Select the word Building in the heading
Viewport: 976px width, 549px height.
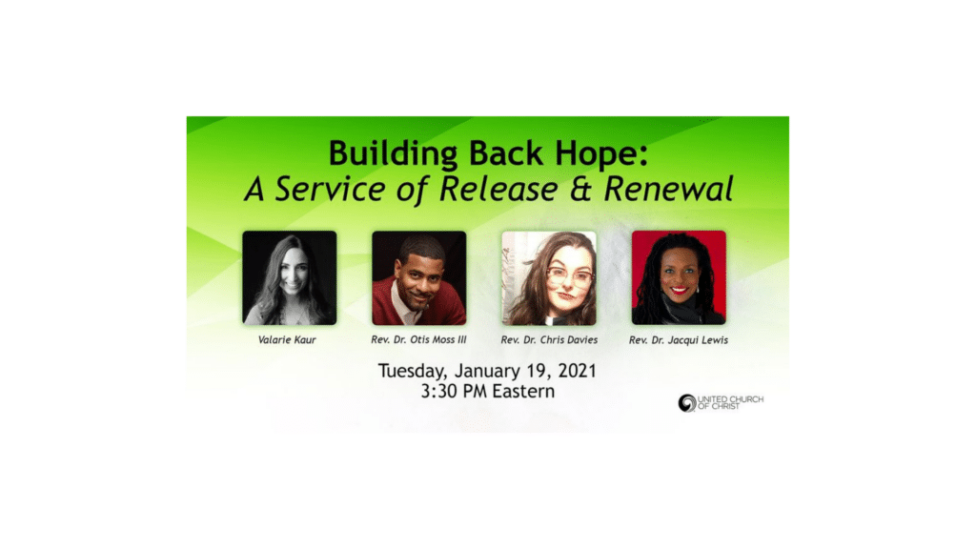(x=393, y=154)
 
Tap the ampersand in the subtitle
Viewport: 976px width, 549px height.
(x=579, y=189)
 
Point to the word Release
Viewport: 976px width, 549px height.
(x=498, y=189)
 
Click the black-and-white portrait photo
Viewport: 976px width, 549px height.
(x=290, y=277)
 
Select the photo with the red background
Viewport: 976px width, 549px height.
(x=679, y=277)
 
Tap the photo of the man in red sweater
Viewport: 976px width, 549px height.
(x=419, y=277)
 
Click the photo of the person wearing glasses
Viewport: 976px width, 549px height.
(x=549, y=277)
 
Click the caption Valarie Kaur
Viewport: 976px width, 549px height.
(x=287, y=340)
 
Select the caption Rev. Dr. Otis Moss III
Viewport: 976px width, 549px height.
(x=418, y=340)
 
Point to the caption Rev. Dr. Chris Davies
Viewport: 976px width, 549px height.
(x=549, y=340)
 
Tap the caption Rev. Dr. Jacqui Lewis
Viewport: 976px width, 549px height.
(x=679, y=340)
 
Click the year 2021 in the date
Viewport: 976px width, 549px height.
(x=577, y=371)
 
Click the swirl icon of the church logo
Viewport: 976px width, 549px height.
(x=687, y=403)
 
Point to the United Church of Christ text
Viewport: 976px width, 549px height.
(x=730, y=403)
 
